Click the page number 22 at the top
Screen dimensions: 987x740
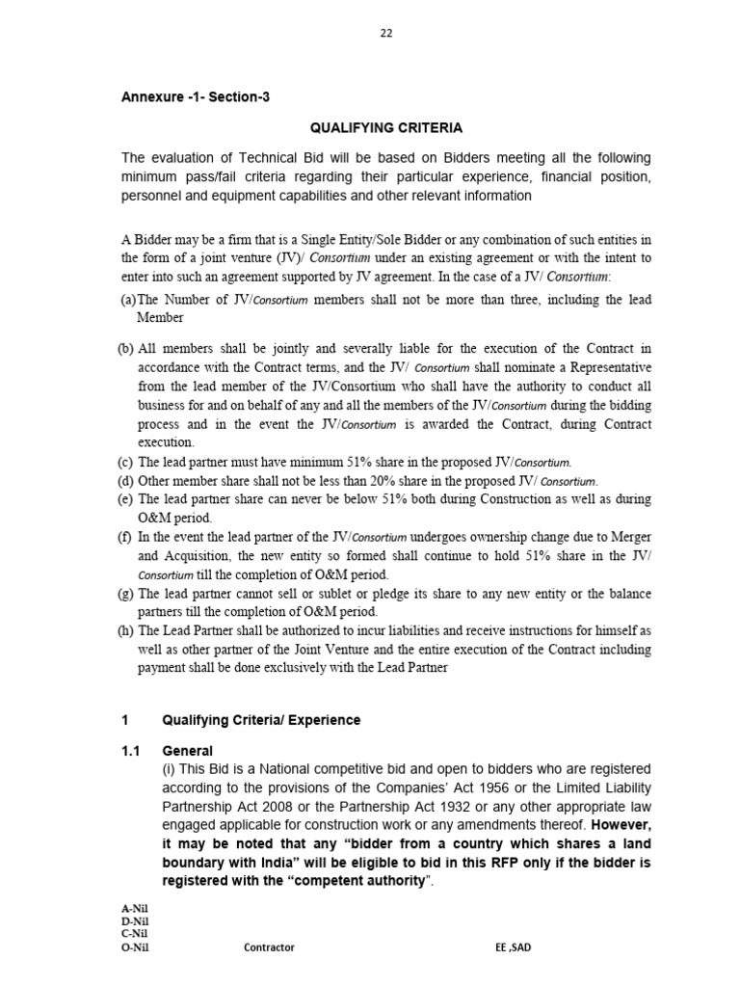(385, 33)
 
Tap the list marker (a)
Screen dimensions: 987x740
(128, 300)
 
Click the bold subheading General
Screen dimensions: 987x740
(187, 751)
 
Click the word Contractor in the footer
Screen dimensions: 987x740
(270, 947)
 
